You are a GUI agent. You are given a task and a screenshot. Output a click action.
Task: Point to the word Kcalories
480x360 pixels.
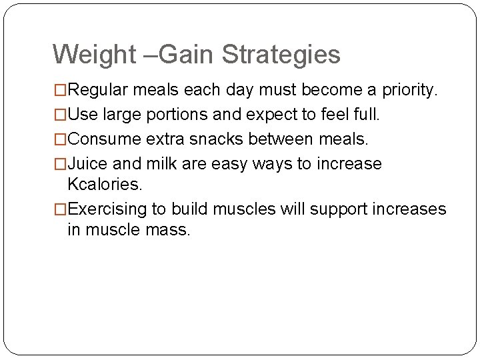click(x=105, y=184)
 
